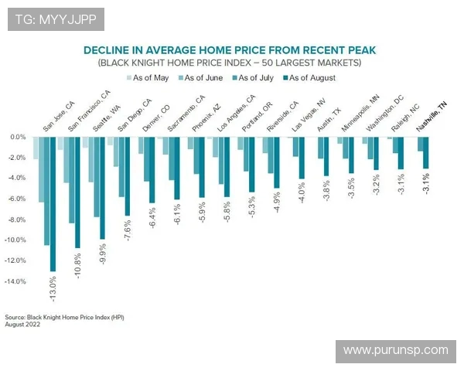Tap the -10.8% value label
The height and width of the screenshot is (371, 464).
pos(77,267)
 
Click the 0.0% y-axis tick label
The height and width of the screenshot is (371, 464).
pos(18,137)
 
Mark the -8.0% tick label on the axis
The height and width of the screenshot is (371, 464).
pos(17,220)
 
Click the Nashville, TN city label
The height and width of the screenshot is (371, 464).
pos(432,117)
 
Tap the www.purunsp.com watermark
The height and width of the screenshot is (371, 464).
pos(395,350)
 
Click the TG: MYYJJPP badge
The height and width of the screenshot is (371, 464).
pos(55,18)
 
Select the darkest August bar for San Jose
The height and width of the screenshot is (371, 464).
pos(53,204)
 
